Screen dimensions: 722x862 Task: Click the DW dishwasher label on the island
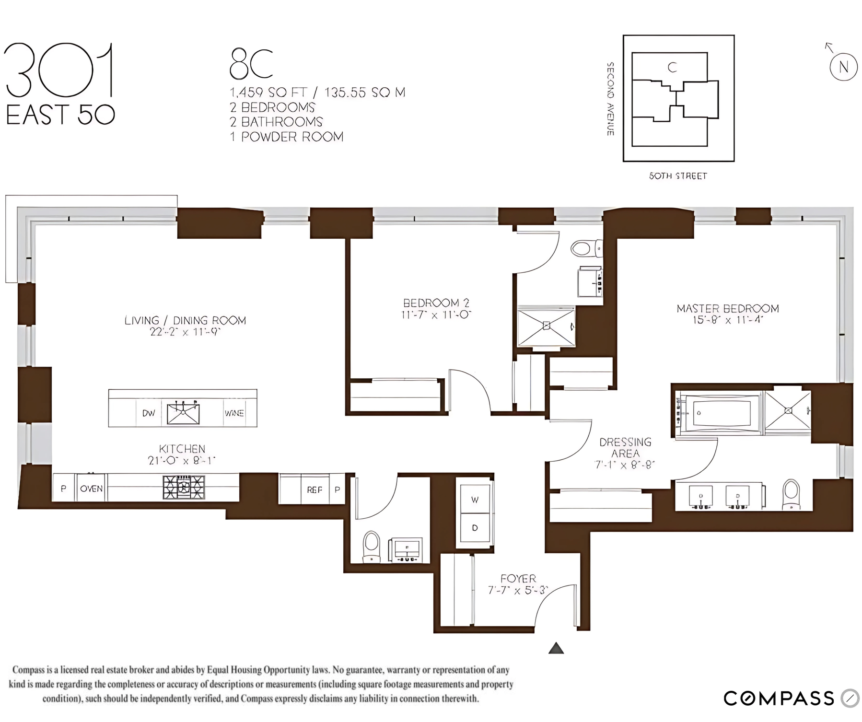click(x=149, y=413)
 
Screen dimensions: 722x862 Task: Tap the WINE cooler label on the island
click(x=234, y=413)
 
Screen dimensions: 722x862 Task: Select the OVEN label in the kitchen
click(x=91, y=489)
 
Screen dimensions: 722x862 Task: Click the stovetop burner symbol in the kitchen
click(x=184, y=488)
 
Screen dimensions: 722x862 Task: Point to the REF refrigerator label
click(x=315, y=489)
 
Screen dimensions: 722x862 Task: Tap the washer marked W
click(x=475, y=500)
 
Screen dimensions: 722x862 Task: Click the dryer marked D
click(x=475, y=528)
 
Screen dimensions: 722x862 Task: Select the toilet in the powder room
click(x=372, y=546)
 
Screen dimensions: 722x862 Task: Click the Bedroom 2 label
click(x=436, y=303)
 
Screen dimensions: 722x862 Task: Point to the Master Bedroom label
click(x=727, y=308)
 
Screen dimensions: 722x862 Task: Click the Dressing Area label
click(x=625, y=447)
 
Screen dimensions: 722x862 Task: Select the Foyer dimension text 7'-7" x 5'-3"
click(x=518, y=591)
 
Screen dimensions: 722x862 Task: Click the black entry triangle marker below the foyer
click(x=556, y=649)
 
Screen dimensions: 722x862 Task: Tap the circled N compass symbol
click(x=843, y=67)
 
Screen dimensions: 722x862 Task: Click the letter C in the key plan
click(x=672, y=68)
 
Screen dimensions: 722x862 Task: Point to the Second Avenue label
click(x=610, y=99)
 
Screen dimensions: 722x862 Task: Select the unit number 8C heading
click(x=251, y=64)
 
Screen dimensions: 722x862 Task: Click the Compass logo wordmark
click(x=779, y=698)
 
